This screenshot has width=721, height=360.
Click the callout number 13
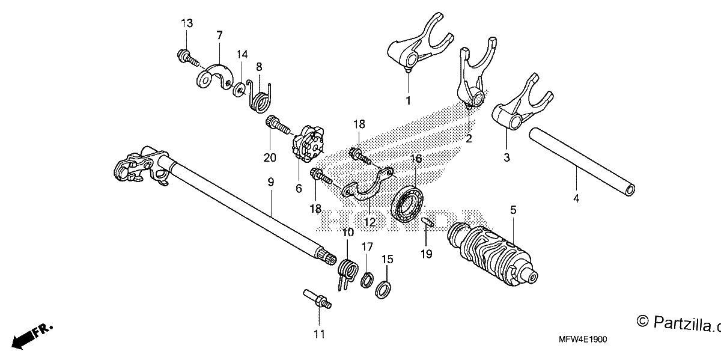(x=187, y=23)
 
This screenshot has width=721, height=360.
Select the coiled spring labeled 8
(x=260, y=98)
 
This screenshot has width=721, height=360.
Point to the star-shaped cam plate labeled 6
(x=308, y=144)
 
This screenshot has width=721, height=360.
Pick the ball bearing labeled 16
(x=407, y=204)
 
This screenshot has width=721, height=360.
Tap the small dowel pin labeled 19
(x=428, y=222)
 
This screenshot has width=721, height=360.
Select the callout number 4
(x=576, y=198)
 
